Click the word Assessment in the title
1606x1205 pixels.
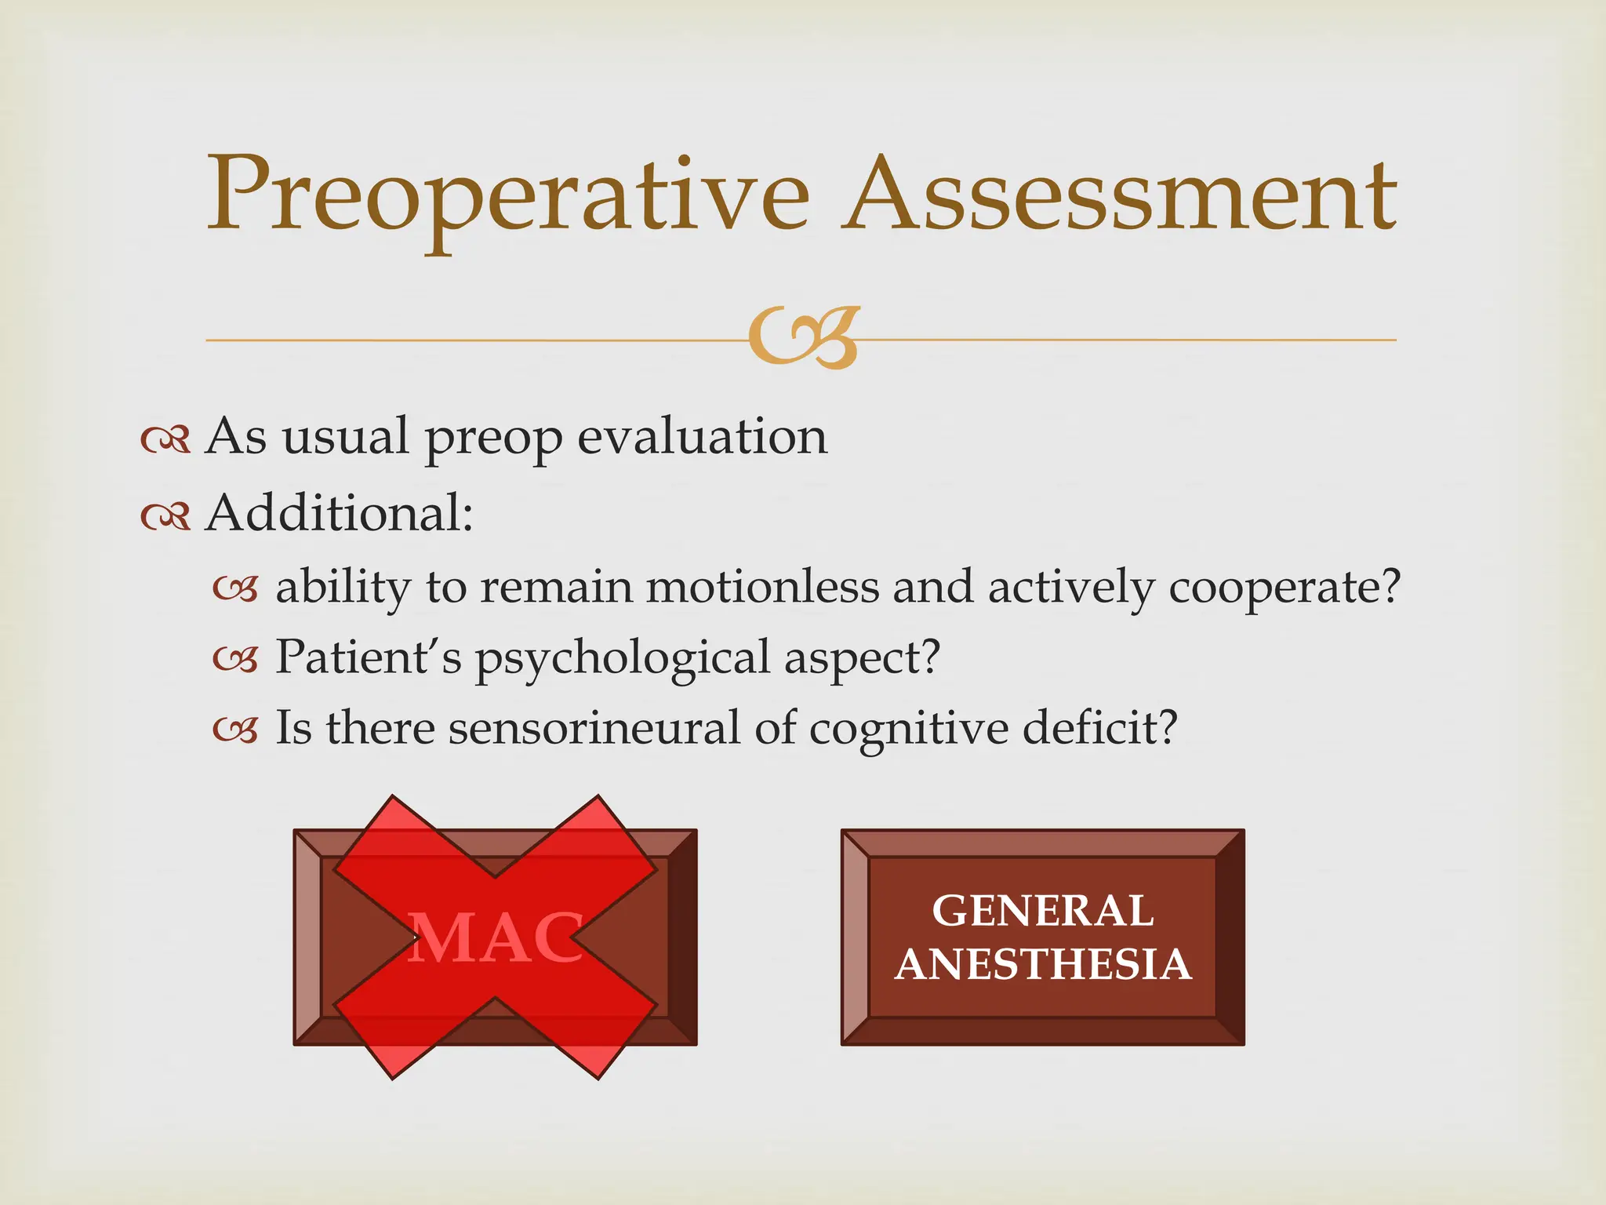[x=1120, y=196]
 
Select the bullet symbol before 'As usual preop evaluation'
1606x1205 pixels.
[x=165, y=440]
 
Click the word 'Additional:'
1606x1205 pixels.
[x=340, y=514]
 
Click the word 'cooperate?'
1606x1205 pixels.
[x=1284, y=587]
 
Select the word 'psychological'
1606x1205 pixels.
[x=623, y=658]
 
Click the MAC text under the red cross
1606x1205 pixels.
[x=496, y=939]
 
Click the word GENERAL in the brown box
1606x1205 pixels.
[x=1042, y=911]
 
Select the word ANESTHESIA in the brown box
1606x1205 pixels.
[x=1043, y=964]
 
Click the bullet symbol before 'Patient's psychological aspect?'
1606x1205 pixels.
[x=235, y=660]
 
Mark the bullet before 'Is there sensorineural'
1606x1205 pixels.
[x=235, y=730]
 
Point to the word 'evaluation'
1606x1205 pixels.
[x=702, y=437]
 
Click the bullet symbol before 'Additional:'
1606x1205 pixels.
[x=165, y=516]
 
